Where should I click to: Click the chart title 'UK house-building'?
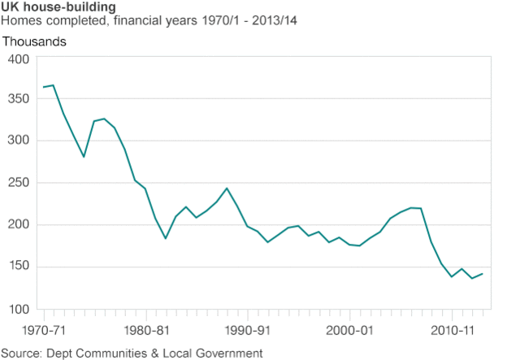click(x=58, y=7)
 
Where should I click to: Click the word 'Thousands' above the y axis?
click(x=35, y=41)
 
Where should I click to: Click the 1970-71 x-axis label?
click(x=45, y=332)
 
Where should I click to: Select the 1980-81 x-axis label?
click(x=146, y=332)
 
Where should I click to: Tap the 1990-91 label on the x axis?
click(x=248, y=332)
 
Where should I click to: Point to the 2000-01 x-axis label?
click(x=349, y=332)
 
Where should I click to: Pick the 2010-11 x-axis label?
click(x=451, y=332)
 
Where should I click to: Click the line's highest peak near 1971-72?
click(x=54, y=85)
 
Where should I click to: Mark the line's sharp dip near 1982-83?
click(x=165, y=238)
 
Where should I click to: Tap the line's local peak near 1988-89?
click(x=227, y=189)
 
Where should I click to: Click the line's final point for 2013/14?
click(x=483, y=274)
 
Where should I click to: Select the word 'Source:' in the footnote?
click(x=24, y=353)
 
